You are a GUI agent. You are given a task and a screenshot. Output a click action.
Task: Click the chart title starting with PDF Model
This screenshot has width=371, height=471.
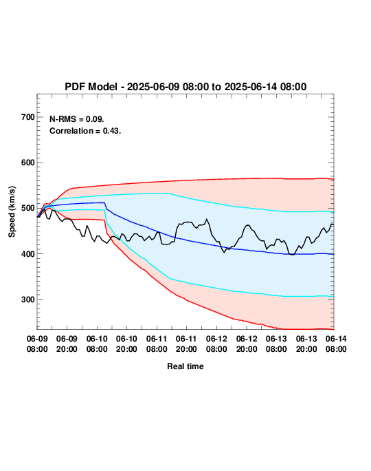185,87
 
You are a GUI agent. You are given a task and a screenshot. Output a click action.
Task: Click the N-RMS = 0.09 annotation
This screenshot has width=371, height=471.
76,119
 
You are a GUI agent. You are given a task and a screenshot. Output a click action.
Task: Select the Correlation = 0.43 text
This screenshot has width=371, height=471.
85,131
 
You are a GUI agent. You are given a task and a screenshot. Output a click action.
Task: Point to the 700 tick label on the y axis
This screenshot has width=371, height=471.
28,117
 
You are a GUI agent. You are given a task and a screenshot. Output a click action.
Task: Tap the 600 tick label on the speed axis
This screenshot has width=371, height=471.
28,163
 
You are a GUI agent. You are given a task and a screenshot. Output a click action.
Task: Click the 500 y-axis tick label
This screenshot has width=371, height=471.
28,208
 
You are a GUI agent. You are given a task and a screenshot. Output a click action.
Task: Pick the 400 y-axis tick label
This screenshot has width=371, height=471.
28,254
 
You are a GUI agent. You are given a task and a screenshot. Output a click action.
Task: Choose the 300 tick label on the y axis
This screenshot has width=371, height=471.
28,300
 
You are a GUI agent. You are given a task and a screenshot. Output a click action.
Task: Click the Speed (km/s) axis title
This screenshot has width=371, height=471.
12,212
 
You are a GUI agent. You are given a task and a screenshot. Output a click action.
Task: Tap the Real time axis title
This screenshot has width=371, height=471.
185,366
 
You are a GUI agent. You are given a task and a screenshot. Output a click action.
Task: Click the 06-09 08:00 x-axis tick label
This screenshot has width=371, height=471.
37,344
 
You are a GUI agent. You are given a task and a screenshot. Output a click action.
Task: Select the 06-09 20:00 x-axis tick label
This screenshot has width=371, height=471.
67,344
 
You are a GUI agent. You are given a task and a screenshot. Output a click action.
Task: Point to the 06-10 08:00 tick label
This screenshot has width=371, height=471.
97,344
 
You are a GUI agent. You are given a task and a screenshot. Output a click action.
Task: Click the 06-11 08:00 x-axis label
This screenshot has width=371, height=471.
157,344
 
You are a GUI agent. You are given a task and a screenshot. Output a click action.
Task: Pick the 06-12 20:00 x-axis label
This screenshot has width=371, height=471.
247,344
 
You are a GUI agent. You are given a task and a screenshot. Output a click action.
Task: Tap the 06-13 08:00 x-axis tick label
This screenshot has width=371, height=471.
276,344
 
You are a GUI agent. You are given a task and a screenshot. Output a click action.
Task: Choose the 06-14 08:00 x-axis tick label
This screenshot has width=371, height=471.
336,344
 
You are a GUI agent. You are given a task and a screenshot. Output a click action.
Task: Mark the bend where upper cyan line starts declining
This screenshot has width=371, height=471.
170,193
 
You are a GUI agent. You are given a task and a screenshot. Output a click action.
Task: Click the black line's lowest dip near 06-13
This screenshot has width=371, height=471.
291,254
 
